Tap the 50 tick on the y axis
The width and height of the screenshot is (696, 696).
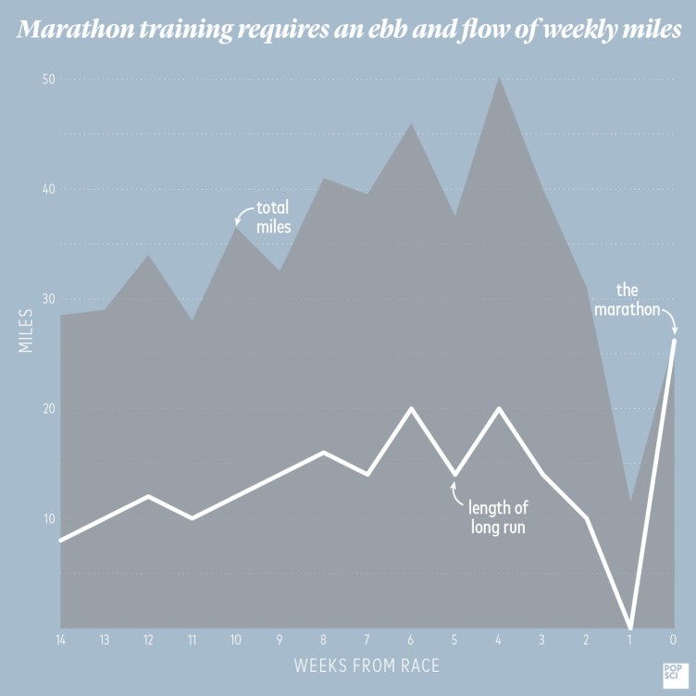[x=49, y=80]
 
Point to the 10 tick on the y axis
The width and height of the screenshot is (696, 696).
[x=49, y=518]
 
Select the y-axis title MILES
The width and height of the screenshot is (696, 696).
[x=26, y=329]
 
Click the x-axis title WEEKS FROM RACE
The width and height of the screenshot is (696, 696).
[x=367, y=665]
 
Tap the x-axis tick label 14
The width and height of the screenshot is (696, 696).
[x=60, y=640]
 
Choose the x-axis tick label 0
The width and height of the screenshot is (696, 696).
[x=673, y=640]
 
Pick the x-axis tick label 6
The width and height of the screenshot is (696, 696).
[x=410, y=640]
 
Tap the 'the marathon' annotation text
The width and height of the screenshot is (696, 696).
[x=628, y=300]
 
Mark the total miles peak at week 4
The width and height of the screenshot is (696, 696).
[x=499, y=77]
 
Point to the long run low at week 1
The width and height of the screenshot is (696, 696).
[x=630, y=627]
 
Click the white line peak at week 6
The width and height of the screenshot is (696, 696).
[x=411, y=408]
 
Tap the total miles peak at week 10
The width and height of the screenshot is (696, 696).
[x=236, y=228]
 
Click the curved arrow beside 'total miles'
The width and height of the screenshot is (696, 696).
[x=242, y=215]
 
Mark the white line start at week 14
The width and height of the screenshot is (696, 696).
[x=60, y=540]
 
